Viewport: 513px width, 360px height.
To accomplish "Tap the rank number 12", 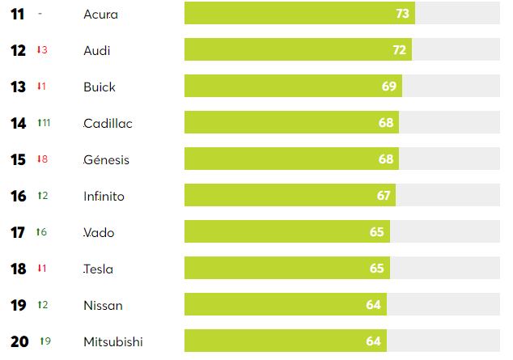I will point(19,50).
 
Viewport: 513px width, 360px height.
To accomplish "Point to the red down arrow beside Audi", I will point(38,50).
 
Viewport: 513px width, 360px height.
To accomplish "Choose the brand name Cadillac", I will point(108,123).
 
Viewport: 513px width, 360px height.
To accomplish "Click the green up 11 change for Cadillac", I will point(44,123).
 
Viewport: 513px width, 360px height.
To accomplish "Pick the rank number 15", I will point(19,159).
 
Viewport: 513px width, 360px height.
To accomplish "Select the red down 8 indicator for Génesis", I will point(42,159).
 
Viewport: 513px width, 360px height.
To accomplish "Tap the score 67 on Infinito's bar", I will point(384,196).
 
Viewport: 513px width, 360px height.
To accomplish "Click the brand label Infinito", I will point(104,196).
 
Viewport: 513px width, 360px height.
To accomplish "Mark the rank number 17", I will point(19,232).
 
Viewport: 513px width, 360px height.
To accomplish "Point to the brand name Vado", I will point(99,232).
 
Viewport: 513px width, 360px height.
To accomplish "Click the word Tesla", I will point(98,269).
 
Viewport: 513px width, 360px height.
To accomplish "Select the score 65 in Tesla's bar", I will point(377,269).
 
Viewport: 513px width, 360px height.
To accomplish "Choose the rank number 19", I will point(19,305).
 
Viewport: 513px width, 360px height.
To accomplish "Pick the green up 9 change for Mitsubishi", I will point(45,341).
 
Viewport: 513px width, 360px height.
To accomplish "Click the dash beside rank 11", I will point(40,14).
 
